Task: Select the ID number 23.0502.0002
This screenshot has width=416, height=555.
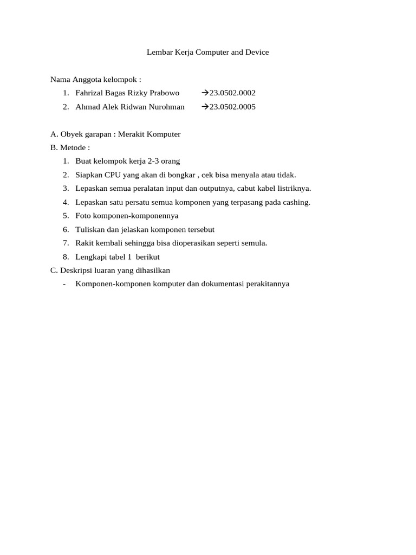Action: (x=232, y=93)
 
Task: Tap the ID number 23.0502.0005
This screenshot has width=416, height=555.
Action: (x=232, y=107)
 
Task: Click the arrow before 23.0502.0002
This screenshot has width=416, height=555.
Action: (x=205, y=93)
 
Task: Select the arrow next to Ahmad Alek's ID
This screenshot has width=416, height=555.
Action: (x=205, y=107)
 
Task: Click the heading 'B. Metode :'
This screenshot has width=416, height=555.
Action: (x=70, y=147)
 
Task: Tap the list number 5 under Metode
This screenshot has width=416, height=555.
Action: (x=65, y=216)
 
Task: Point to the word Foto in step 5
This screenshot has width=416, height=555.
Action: (x=83, y=216)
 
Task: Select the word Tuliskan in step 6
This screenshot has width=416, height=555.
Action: (x=90, y=229)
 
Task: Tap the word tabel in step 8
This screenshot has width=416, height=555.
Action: (x=117, y=257)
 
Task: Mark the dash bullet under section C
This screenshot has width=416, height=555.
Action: (x=64, y=283)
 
